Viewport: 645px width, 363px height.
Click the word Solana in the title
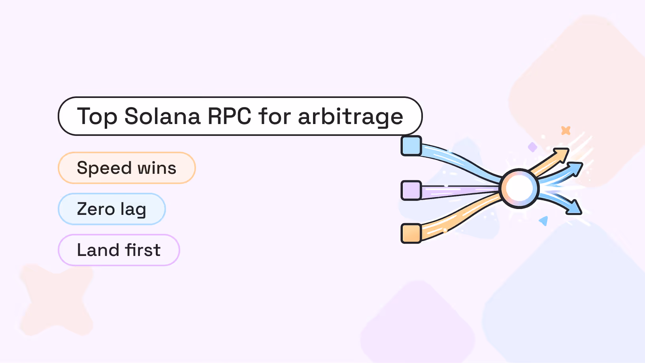pyautogui.click(x=162, y=116)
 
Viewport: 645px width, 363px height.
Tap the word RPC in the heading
pyautogui.click(x=229, y=116)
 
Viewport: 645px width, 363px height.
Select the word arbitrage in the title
pyautogui.click(x=350, y=117)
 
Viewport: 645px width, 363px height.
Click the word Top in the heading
pyautogui.click(x=97, y=117)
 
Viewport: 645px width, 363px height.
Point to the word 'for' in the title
pyautogui.click(x=275, y=116)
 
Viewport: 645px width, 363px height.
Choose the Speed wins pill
pyautogui.click(x=127, y=168)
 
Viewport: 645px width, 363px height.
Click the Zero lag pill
pyautogui.click(x=111, y=209)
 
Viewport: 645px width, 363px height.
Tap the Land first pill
pyautogui.click(x=119, y=250)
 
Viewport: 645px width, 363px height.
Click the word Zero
pyautogui.click(x=96, y=209)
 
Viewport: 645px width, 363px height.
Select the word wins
pyautogui.click(x=157, y=168)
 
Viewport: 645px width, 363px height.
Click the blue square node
pyautogui.click(x=411, y=146)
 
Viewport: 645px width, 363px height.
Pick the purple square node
pyautogui.click(x=411, y=190)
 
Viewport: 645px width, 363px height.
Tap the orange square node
pyautogui.click(x=411, y=233)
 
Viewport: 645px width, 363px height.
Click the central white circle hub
pyautogui.click(x=519, y=188)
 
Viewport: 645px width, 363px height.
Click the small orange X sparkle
pyautogui.click(x=566, y=130)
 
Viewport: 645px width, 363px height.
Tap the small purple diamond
pyautogui.click(x=533, y=147)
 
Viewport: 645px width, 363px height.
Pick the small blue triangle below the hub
pyautogui.click(x=544, y=220)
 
